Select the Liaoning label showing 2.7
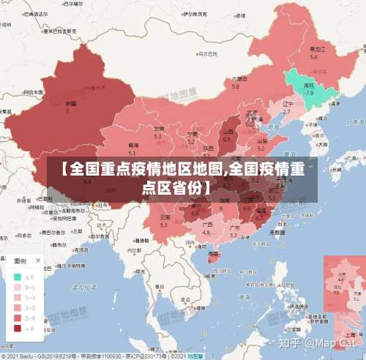coord(287,108)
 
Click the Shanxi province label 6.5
coord(227,135)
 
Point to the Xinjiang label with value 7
coord(69,108)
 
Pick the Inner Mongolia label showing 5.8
coord(236,82)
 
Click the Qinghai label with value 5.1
coord(132,149)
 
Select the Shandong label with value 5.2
coord(262,141)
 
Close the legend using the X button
coord(38,260)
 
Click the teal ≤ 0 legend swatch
coord(17,277)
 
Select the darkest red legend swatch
coord(17,329)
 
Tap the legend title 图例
coord(21,260)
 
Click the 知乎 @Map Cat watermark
coord(321,342)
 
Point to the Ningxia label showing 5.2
coord(192,138)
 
